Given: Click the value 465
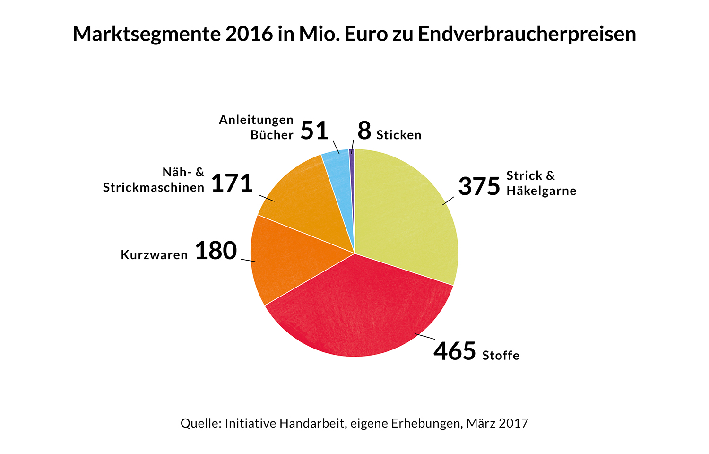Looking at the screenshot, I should (x=455, y=351).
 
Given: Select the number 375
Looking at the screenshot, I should (x=479, y=186).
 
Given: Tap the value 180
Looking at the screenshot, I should (x=216, y=251).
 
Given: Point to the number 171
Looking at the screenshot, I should (x=232, y=183).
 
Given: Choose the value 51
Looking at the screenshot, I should (x=314, y=131).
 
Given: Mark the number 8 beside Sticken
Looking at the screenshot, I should (x=364, y=131).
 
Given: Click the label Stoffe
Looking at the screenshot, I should (x=501, y=355).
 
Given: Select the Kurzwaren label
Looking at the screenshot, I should (x=154, y=255).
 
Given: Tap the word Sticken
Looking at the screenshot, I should (x=399, y=135).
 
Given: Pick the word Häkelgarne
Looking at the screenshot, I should (x=541, y=191).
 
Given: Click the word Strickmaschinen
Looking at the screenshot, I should (x=154, y=188).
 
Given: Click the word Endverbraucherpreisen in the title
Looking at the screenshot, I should (x=527, y=34).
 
